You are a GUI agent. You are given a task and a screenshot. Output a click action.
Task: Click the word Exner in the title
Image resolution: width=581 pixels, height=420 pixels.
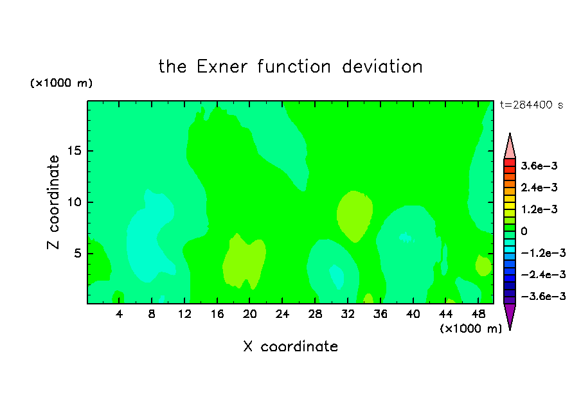click(222, 67)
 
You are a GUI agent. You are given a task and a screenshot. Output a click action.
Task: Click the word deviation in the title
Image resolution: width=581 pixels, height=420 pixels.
click(382, 67)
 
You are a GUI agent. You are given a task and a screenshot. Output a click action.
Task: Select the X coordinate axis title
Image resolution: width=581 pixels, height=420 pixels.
click(290, 346)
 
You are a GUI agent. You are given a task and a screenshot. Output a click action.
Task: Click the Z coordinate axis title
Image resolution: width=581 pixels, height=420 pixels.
click(53, 202)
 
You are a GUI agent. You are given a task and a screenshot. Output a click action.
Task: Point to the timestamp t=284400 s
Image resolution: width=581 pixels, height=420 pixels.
click(532, 105)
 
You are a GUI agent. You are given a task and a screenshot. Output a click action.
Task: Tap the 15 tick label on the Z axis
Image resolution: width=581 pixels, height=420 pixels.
click(74, 151)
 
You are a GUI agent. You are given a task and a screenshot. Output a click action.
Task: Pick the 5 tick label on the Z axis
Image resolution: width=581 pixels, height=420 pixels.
click(77, 253)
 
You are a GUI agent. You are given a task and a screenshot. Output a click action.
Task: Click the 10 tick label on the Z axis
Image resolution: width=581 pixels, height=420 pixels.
click(74, 202)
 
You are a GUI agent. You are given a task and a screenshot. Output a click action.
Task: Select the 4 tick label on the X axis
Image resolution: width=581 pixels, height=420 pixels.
click(119, 314)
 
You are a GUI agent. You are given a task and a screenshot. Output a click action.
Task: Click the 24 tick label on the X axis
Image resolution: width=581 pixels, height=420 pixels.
click(282, 314)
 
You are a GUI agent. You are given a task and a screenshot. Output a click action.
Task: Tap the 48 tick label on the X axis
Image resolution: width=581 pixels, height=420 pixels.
click(478, 314)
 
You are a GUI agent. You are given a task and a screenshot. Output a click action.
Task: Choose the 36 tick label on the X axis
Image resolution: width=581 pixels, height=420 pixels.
click(380, 314)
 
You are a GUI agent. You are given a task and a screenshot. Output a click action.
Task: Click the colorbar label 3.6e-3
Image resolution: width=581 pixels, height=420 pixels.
click(539, 166)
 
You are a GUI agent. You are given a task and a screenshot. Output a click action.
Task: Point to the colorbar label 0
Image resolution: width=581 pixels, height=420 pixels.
click(524, 231)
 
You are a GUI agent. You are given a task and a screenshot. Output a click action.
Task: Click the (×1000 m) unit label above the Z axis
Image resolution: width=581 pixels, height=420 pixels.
click(61, 83)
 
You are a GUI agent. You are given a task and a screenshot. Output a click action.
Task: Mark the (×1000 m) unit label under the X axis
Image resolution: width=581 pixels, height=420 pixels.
click(471, 329)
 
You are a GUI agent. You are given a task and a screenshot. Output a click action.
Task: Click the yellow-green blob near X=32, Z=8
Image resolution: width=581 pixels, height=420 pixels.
click(354, 216)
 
